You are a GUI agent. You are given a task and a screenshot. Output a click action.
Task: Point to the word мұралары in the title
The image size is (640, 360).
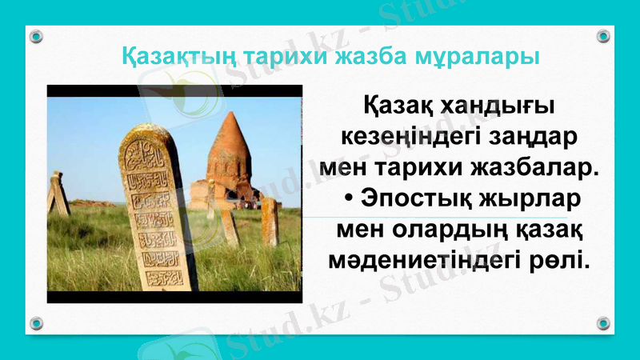(x=465, y=58)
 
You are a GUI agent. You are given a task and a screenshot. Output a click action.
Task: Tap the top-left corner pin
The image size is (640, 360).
(x=36, y=36)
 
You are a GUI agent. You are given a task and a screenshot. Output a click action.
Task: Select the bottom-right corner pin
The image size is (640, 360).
(x=603, y=323)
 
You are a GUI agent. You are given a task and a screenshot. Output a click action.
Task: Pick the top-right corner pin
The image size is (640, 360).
(x=603, y=36)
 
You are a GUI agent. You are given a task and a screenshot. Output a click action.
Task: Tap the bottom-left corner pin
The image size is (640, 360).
(x=36, y=323)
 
